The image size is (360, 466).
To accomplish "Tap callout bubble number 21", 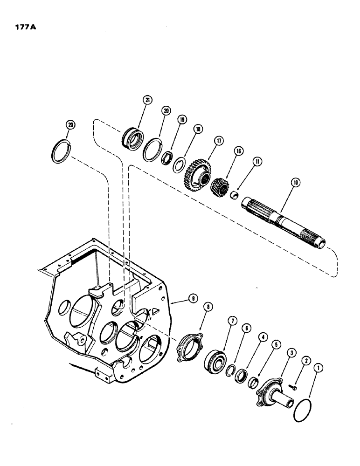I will pos(147,100).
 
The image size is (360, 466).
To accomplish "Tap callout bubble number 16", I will pos(239,151).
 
